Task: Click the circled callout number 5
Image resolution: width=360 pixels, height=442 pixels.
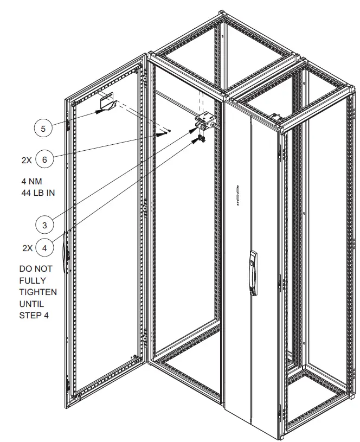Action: [x=43, y=129]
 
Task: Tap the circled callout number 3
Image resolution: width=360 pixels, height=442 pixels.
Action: [x=45, y=223]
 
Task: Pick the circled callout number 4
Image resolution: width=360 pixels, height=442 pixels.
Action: [x=45, y=248]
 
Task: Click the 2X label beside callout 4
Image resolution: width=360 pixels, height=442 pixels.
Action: [x=27, y=248]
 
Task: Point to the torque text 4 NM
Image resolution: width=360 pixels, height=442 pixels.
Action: [x=31, y=181]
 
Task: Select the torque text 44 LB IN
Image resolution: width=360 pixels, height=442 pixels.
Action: [x=38, y=192]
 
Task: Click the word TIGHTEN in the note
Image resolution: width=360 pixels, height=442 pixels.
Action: [x=38, y=292]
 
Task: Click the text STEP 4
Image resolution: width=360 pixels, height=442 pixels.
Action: [x=34, y=315]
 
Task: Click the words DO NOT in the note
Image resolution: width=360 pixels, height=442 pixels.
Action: [x=36, y=269]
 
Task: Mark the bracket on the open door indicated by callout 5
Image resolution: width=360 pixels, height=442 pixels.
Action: [x=106, y=104]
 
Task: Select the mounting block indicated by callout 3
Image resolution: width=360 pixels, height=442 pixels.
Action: [x=205, y=121]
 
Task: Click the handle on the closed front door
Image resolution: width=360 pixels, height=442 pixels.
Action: [x=253, y=272]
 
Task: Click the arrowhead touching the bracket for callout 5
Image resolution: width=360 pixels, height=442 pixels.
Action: [x=99, y=111]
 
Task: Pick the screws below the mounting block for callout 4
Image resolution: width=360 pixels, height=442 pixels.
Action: [x=201, y=139]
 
